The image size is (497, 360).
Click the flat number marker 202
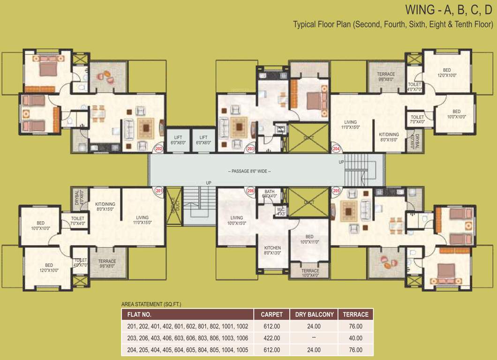click(x=159, y=149)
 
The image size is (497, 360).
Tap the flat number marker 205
click(x=336, y=191)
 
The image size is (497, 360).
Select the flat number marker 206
click(x=251, y=191)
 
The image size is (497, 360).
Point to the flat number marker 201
click(x=159, y=191)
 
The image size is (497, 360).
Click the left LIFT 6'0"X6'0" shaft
click(x=177, y=140)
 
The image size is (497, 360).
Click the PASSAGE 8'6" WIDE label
click(x=249, y=171)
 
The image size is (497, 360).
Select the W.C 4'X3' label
click(x=281, y=211)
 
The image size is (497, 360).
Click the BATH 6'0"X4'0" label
click(x=270, y=194)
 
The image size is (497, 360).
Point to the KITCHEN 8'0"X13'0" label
click(x=272, y=250)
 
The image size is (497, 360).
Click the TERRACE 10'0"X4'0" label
click(x=310, y=273)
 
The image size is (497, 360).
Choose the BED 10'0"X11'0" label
click(x=309, y=239)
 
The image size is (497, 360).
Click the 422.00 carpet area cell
click(x=271, y=338)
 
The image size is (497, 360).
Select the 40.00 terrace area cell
click(x=356, y=338)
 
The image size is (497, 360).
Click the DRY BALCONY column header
click(x=314, y=315)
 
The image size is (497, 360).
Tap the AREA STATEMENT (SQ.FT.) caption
click(x=151, y=304)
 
